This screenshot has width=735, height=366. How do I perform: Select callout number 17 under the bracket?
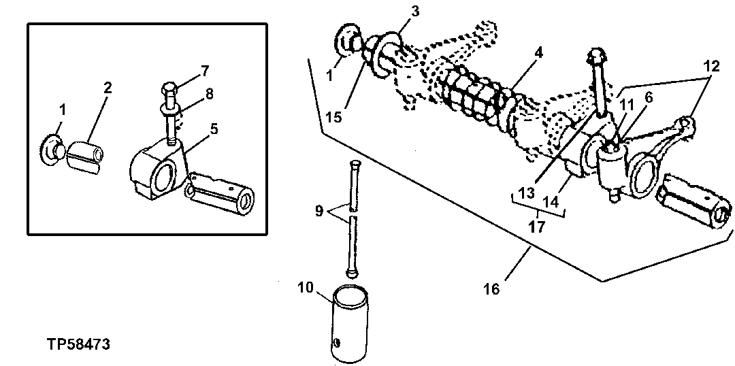[x=537, y=227]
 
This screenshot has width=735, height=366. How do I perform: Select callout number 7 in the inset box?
[x=205, y=70]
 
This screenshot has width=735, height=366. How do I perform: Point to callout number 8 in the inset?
[x=209, y=94]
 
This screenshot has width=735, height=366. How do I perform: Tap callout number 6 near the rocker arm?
[x=649, y=99]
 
